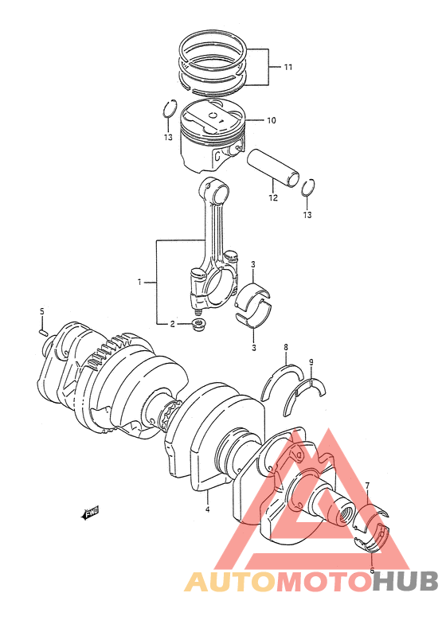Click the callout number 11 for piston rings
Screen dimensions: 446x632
tap(288, 67)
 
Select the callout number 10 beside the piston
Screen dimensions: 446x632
tap(271, 120)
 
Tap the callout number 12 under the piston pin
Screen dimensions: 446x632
tap(273, 197)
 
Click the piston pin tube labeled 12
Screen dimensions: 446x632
tap(273, 166)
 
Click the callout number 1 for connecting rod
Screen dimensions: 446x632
tap(139, 282)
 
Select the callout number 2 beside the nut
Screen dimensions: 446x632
tap(172, 324)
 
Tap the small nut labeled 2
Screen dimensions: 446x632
tap(198, 325)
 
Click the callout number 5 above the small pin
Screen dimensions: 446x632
tap(41, 311)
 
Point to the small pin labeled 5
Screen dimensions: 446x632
tap(44, 332)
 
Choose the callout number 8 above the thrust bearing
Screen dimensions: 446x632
tap(286, 346)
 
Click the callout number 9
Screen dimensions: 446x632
tap(311, 362)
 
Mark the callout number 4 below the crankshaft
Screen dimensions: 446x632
tap(207, 509)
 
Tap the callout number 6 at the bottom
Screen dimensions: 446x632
tap(372, 570)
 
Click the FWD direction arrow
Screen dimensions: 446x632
tap(90, 513)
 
